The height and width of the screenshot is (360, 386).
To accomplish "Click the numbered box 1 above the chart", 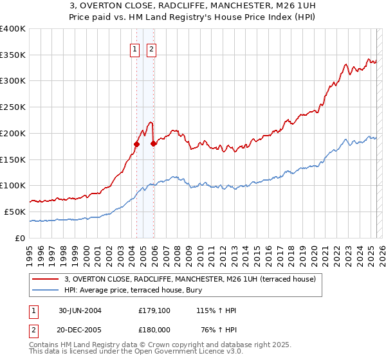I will click(135, 50).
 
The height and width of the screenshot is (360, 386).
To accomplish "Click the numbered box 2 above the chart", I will click(151, 50).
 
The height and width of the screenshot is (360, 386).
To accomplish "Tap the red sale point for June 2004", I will click(136, 144).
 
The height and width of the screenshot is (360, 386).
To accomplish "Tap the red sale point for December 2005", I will click(153, 143).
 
